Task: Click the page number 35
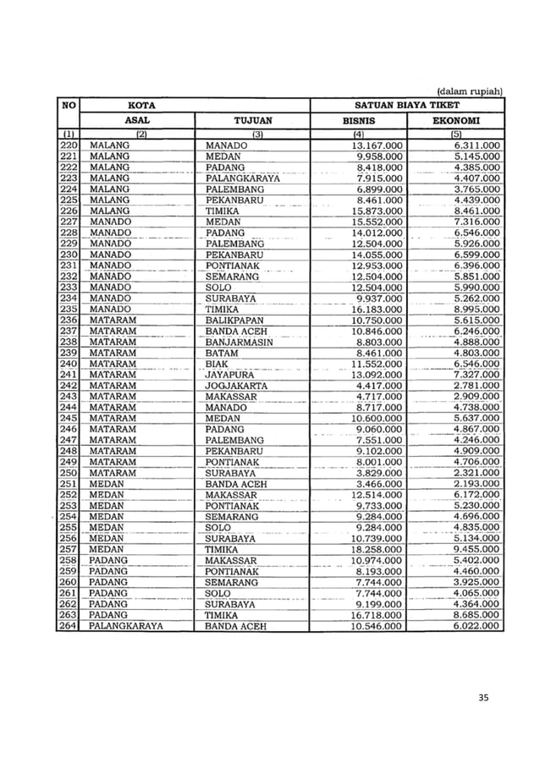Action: click(484, 697)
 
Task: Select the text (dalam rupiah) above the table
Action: click(470, 91)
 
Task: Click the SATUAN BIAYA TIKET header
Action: click(407, 106)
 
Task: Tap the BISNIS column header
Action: click(358, 121)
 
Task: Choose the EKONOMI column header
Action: click(455, 121)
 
